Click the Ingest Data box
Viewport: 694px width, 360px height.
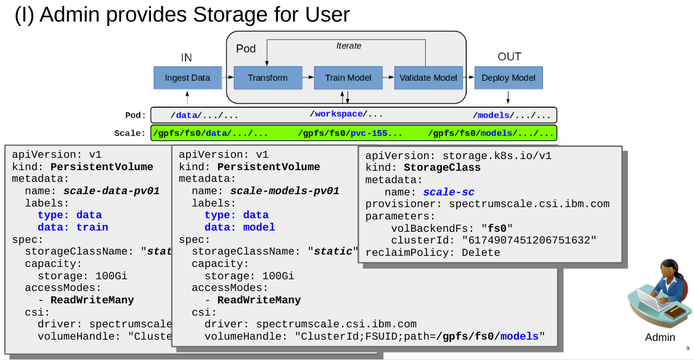(187, 78)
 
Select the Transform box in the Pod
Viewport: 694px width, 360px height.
(267, 78)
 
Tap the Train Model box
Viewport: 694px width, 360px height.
(348, 78)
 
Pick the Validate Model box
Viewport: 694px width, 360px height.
(428, 78)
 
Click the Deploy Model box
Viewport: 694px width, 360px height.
(508, 78)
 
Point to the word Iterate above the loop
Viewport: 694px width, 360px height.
(349, 46)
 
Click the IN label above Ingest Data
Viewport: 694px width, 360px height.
(186, 57)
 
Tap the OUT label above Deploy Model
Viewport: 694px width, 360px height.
(509, 57)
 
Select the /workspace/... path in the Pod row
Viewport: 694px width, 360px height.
(346, 114)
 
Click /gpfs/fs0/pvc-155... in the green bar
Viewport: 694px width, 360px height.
(349, 133)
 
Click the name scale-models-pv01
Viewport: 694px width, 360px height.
(284, 191)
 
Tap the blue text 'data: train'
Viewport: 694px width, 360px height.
(73, 227)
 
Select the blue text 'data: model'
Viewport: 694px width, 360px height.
(240, 227)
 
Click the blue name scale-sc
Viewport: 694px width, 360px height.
(448, 192)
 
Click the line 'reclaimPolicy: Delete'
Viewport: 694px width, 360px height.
(433, 253)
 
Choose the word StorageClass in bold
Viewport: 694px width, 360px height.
(442, 168)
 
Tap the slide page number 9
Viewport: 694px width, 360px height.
(687, 348)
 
